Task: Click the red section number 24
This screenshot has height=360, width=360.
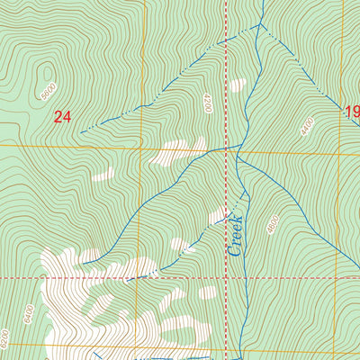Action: (x=61, y=116)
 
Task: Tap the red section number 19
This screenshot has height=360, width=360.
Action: (x=351, y=112)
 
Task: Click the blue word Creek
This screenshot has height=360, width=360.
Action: (x=236, y=236)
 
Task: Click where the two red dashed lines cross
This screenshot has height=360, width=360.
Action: (x=225, y=278)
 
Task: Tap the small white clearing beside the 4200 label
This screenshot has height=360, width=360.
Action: (x=238, y=85)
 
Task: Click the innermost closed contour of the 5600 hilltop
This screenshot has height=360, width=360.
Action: (x=42, y=72)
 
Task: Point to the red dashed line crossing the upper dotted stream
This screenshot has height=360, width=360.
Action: (x=225, y=40)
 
